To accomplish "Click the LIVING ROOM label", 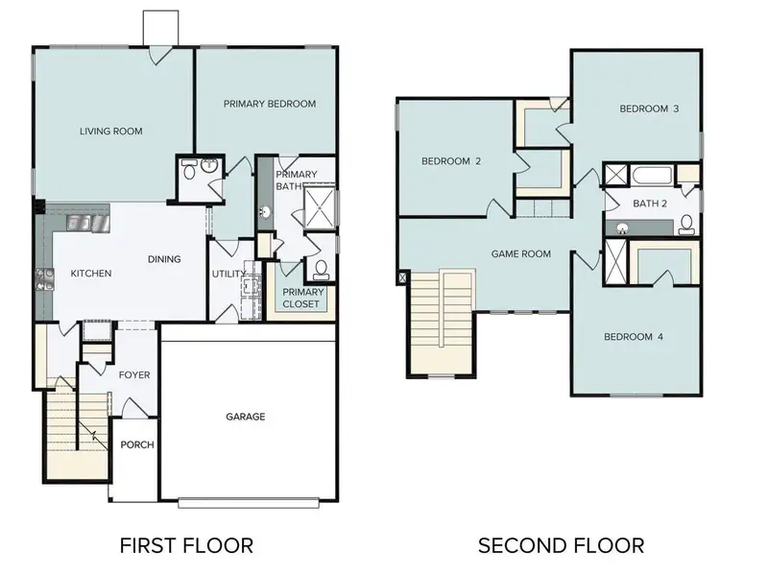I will click(111, 132).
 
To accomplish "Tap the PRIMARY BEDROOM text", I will click(270, 104).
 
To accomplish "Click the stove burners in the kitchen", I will click(43, 279).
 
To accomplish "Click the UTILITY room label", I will click(229, 274).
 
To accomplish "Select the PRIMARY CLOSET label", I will click(302, 298).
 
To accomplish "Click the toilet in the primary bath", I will click(322, 269).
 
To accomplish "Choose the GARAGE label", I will click(246, 417).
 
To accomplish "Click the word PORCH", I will click(137, 444).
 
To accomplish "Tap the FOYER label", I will click(134, 374).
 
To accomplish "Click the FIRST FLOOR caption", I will click(186, 545).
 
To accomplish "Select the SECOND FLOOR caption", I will click(562, 545).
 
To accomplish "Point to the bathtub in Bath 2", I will click(652, 176).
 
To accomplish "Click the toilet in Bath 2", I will click(686, 226).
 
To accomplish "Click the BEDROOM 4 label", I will click(634, 336).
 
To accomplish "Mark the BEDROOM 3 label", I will click(649, 108).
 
